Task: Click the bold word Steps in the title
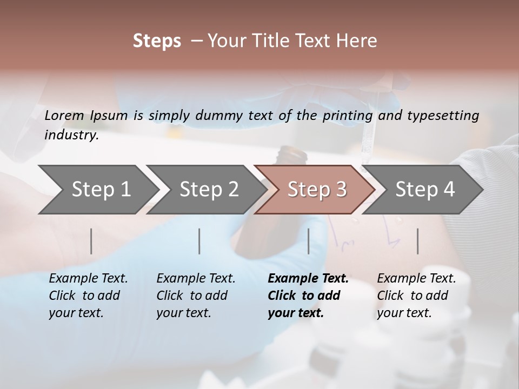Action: pos(157,41)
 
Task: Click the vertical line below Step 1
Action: pos(91,241)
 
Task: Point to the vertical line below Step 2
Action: pos(199,241)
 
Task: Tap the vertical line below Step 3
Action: pos(308,241)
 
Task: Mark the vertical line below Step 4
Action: pos(418,241)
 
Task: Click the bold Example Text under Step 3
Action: pos(308,296)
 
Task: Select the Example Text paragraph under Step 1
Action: pos(88,296)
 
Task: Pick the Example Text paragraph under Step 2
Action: pos(196,296)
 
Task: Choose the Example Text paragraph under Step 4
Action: pos(416,296)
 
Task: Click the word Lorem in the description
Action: pos(64,115)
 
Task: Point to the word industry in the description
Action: pos(71,135)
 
